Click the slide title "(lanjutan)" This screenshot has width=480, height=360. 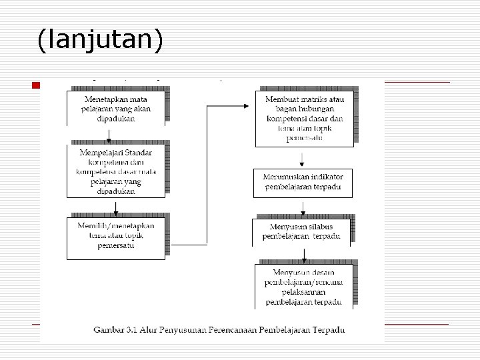[x=100, y=41]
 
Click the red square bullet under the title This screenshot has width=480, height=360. [x=36, y=85]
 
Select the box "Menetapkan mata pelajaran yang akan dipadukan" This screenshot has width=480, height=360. [x=116, y=108]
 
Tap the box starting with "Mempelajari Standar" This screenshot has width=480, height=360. [x=116, y=171]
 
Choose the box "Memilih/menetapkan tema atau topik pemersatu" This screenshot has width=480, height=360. [x=116, y=236]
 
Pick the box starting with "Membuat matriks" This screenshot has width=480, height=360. [x=304, y=119]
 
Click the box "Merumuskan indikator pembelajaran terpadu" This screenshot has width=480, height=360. [x=303, y=183]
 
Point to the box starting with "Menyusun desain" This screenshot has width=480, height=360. [x=303, y=287]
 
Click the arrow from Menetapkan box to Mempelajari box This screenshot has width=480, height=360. [x=109, y=135]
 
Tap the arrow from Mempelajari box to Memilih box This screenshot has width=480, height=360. [x=116, y=207]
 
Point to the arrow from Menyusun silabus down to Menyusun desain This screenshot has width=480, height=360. [x=304, y=255]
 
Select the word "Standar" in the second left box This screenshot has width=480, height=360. [x=137, y=153]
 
